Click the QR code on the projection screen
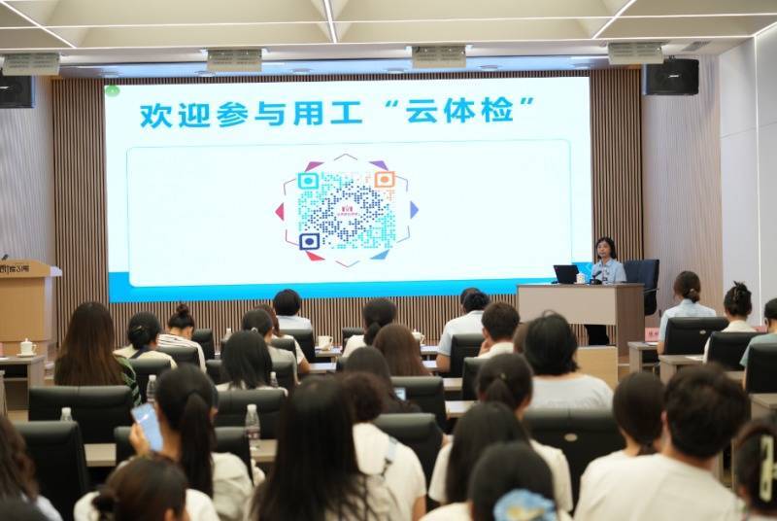pos(347,210)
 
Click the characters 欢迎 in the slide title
pos(169,113)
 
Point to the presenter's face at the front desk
pos(605,249)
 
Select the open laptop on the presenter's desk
pos(566,274)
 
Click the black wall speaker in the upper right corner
pos(671,76)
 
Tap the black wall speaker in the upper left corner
pos(17,90)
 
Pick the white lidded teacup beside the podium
pos(27,347)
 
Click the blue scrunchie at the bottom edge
pos(524,506)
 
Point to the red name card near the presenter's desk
pos(653,333)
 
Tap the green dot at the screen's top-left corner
pos(112,91)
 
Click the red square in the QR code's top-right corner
pos(385,180)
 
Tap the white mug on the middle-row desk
pos(324,342)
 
